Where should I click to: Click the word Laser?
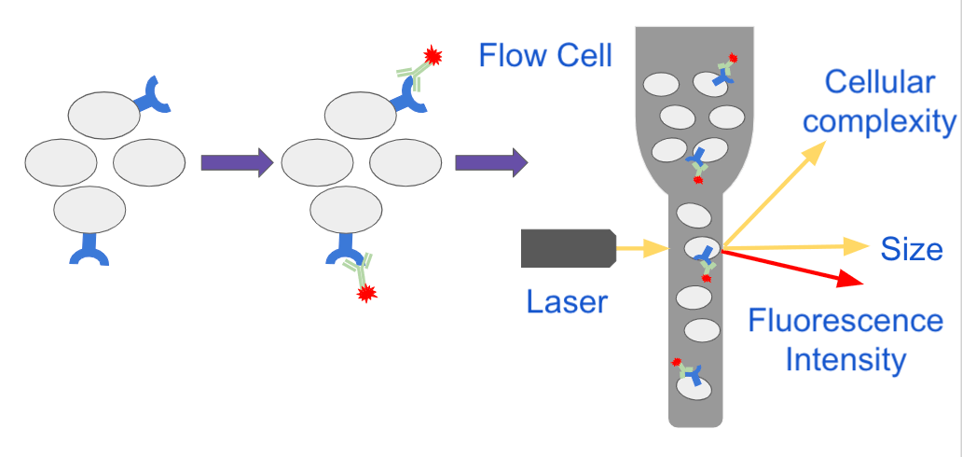tap(567, 301)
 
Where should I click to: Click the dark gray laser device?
tap(568, 248)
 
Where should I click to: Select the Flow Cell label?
tap(545, 55)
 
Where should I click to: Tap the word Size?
tap(912, 249)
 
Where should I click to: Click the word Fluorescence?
tap(845, 322)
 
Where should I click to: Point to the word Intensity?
tap(845, 359)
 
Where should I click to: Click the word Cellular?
tap(879, 82)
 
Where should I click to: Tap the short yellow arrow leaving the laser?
tap(644, 248)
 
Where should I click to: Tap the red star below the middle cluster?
tap(366, 294)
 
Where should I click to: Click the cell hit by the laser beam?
tap(702, 248)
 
